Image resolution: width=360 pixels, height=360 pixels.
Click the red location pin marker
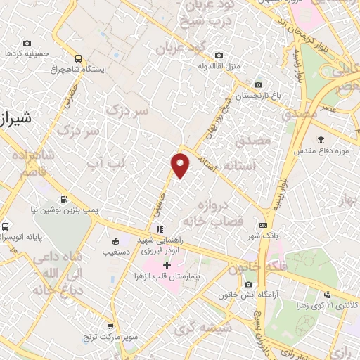pos(181,165)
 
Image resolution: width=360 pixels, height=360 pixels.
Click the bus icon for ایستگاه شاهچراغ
pos(78,59)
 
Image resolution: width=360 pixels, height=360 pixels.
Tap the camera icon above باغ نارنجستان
pos(258,84)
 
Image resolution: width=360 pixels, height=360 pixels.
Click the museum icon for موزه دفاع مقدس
pos(321,140)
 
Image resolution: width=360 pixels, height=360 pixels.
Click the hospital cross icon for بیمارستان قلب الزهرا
pos(167,265)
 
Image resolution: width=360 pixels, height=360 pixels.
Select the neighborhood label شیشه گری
pos(197,328)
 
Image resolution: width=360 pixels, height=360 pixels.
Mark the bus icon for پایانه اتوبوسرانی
pos(5,227)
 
